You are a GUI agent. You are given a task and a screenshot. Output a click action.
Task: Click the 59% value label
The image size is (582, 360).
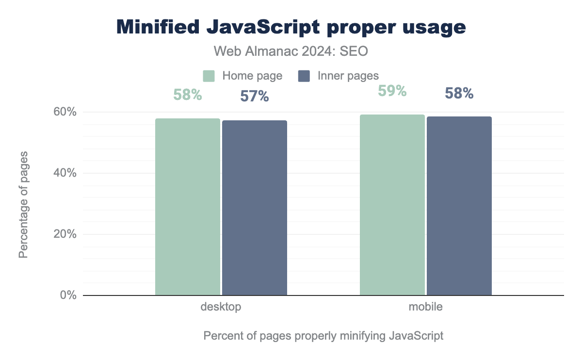tap(392, 91)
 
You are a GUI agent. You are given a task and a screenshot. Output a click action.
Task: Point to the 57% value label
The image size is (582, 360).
tap(255, 96)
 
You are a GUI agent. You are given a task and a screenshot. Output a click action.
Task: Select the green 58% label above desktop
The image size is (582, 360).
tap(188, 95)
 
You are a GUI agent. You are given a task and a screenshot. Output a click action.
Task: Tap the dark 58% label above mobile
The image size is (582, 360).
tap(459, 93)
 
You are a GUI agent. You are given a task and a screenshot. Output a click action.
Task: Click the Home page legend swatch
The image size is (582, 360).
tap(209, 76)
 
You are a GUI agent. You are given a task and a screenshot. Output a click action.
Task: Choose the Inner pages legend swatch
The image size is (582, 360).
tap(304, 76)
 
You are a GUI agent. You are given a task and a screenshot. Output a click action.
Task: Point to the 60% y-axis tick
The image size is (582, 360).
tap(65, 112)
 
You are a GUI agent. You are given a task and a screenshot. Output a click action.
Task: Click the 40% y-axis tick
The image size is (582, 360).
tap(65, 173)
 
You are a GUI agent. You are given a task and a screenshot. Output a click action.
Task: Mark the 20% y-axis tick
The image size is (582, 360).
tap(65, 234)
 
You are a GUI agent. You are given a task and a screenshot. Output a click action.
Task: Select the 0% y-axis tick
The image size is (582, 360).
tap(68, 295)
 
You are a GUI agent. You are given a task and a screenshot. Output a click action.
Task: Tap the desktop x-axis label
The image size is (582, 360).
tap(221, 307)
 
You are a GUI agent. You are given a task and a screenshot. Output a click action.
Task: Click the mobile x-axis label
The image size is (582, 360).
tap(425, 307)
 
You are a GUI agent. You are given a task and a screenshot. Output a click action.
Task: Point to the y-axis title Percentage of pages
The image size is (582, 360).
tap(23, 205)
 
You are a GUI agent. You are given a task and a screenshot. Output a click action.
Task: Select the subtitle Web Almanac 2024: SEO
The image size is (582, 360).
tap(291, 50)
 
